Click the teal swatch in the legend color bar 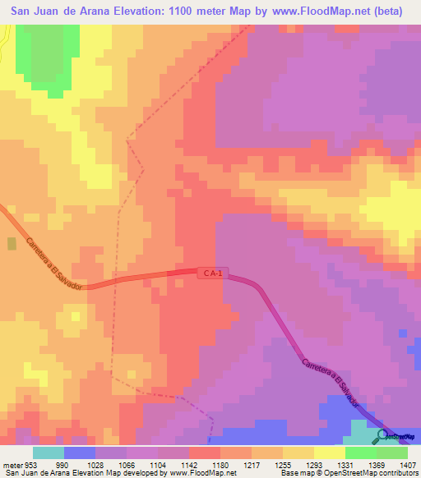49,453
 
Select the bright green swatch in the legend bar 361,453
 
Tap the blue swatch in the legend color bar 80,453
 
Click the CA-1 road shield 210,273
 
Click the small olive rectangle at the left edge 11,244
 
